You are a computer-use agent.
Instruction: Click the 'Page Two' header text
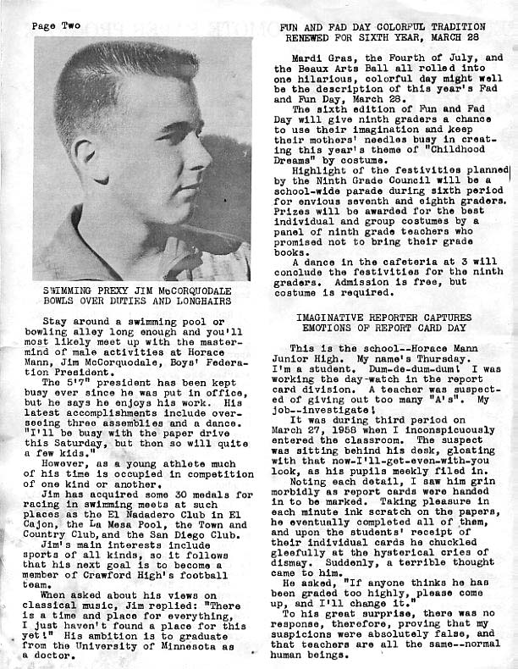pos(56,26)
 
